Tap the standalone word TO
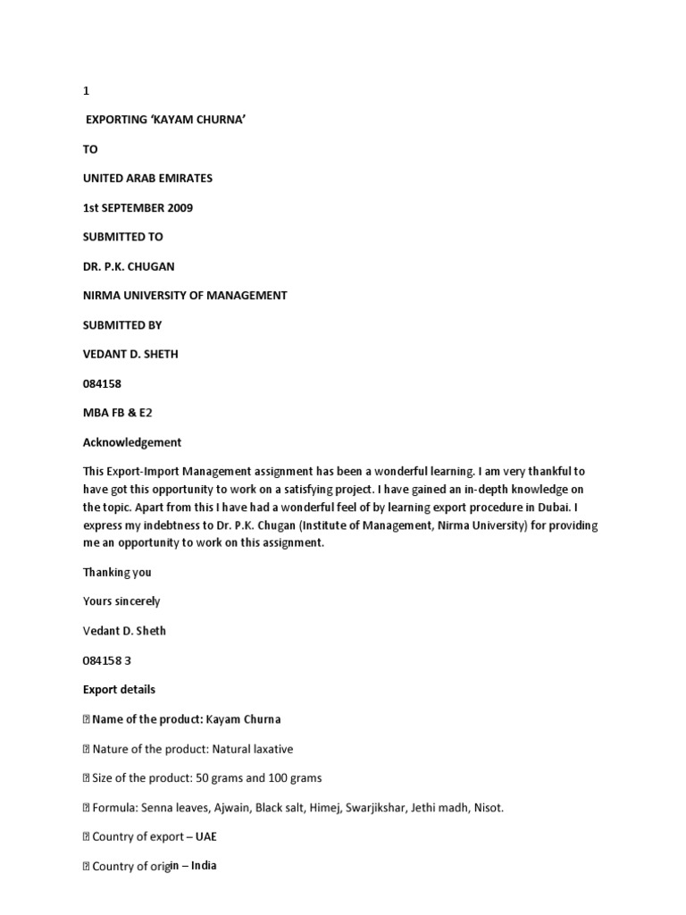[90, 149]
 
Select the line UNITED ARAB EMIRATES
[147, 179]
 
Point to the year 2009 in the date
[177, 208]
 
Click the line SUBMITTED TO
[123, 237]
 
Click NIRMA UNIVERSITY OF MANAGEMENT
[185, 296]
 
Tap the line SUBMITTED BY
[122, 324]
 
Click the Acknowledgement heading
[132, 441]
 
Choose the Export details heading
[119, 689]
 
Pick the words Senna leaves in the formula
[168, 807]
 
